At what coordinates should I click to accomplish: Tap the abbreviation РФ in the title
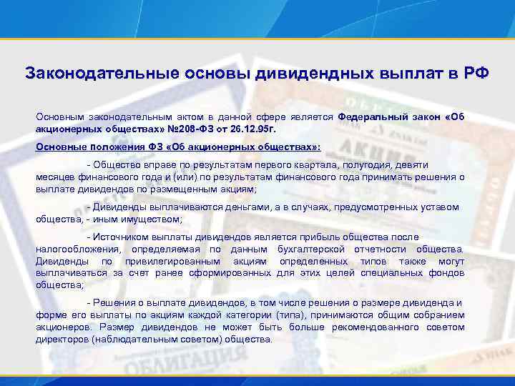pyautogui.click(x=475, y=74)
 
